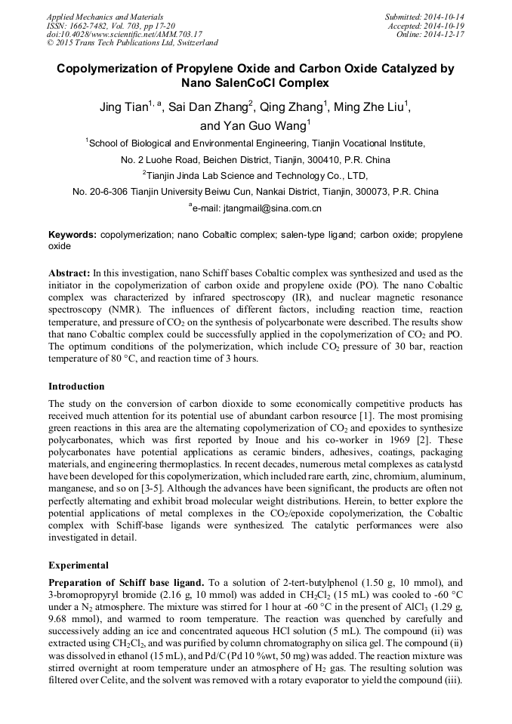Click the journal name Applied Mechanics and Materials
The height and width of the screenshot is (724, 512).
point(104,17)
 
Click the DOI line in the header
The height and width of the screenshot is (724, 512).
point(125,34)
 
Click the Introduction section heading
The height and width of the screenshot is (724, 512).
point(76,386)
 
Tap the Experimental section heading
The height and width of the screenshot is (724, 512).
point(79,565)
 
